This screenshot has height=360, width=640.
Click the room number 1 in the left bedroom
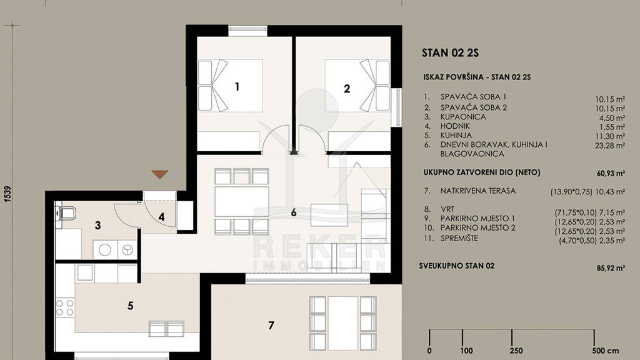237,86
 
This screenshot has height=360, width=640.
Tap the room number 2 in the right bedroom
347,89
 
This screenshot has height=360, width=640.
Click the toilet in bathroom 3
66,213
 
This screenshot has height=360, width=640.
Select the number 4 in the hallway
162,217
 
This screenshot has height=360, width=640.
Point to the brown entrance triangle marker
159,175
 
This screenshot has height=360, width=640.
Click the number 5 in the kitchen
130,306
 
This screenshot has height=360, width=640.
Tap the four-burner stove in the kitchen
65,307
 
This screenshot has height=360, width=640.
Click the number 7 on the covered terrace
271,325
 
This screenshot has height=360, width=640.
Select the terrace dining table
343,323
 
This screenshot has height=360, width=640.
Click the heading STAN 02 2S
450,52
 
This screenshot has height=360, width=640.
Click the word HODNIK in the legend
455,126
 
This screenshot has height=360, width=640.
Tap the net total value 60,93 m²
611,174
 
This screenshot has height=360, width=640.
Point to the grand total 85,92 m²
611,268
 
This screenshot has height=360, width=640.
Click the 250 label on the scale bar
516,351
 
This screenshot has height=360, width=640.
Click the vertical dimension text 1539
8,194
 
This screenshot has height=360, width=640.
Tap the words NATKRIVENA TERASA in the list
478,191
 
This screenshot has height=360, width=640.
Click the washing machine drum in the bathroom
105,250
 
